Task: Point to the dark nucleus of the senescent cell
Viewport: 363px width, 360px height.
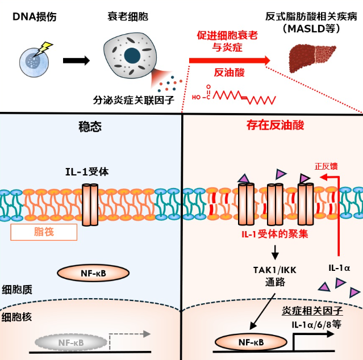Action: pos(132,55)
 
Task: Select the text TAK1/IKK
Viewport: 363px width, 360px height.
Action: pos(266,271)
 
